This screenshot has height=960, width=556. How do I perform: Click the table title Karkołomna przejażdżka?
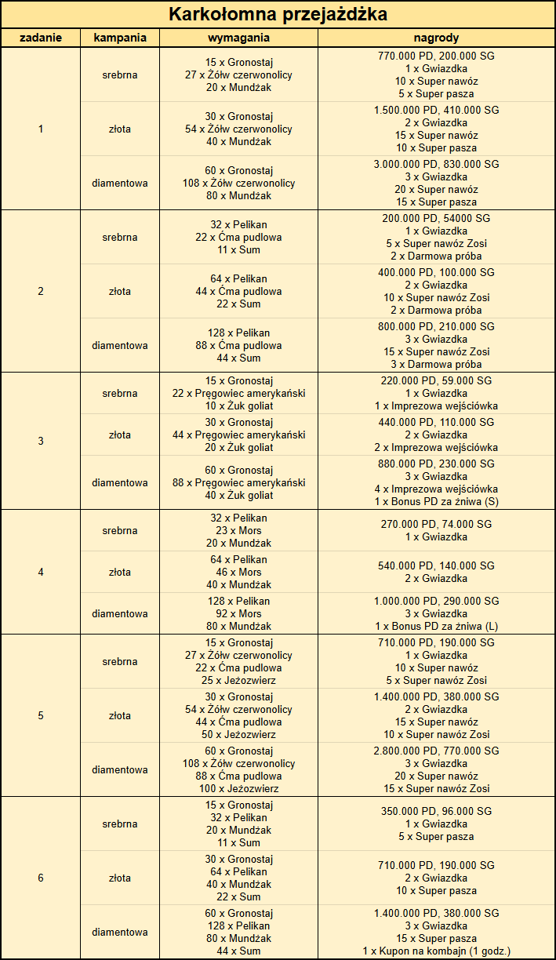[278, 14]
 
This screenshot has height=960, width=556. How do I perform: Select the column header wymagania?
[238, 38]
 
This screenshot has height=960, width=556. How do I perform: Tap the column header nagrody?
[436, 38]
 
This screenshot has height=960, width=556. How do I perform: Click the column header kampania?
[120, 38]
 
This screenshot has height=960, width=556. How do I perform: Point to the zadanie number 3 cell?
[41, 441]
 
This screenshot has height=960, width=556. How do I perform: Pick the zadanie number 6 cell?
[41, 878]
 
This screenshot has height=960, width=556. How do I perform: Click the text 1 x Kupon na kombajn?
[436, 951]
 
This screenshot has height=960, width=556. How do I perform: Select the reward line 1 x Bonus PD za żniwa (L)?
[436, 627]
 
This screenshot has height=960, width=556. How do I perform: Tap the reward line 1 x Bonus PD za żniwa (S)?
[436, 502]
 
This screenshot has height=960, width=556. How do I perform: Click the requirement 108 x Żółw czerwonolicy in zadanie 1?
[238, 183]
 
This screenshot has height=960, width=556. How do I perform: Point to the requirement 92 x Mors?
[238, 614]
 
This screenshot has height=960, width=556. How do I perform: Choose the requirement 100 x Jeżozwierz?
[238, 789]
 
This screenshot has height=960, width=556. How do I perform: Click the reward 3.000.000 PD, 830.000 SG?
[436, 165]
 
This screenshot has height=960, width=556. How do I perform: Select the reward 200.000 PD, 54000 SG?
[436, 219]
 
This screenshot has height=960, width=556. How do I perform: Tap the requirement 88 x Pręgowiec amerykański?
[238, 483]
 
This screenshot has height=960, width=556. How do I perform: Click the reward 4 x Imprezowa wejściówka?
[436, 489]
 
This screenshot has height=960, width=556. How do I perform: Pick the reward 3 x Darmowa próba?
[436, 365]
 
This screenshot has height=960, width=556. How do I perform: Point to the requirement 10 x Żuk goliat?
[238, 406]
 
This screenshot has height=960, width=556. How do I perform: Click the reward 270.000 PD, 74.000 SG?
[436, 524]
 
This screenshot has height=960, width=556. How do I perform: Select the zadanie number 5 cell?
[41, 715]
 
